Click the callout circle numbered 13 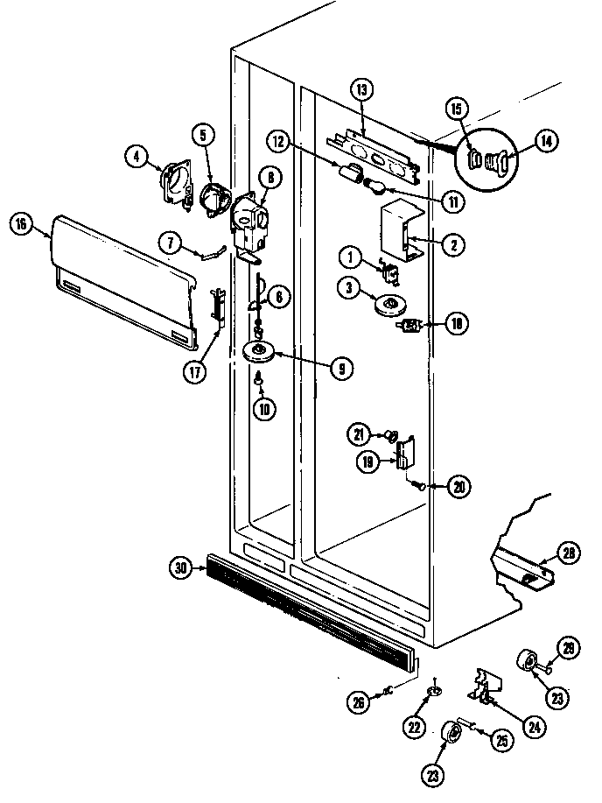(x=361, y=90)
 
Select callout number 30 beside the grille (x=181, y=567)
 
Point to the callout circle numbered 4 (x=137, y=157)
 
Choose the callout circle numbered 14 (x=546, y=141)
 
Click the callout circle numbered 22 (x=414, y=726)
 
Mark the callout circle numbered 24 (x=534, y=726)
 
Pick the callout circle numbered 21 (x=360, y=434)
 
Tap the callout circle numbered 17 (x=195, y=372)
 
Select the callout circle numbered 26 (x=359, y=701)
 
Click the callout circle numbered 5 (x=203, y=135)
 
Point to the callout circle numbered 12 (x=278, y=141)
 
